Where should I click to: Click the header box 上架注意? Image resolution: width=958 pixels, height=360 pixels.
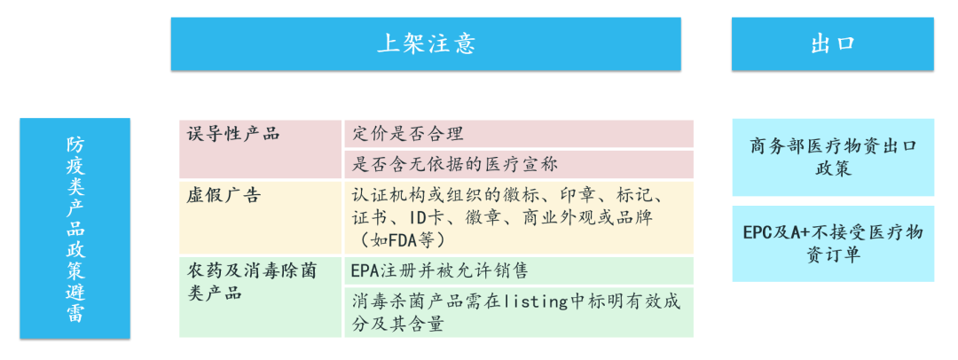[426, 44]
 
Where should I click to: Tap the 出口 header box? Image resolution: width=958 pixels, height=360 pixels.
[832, 44]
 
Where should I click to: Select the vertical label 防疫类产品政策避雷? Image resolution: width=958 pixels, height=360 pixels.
[75, 229]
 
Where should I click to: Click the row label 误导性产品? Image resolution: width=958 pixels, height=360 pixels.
[233, 134]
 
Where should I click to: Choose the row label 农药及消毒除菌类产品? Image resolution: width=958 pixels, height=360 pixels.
[251, 280]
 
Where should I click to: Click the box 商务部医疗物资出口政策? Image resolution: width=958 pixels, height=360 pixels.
[832, 156]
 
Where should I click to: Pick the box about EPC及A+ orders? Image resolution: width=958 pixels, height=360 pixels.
[832, 243]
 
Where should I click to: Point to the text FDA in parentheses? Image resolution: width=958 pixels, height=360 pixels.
[403, 240]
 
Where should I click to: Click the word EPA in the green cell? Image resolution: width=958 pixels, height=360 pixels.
[367, 270]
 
